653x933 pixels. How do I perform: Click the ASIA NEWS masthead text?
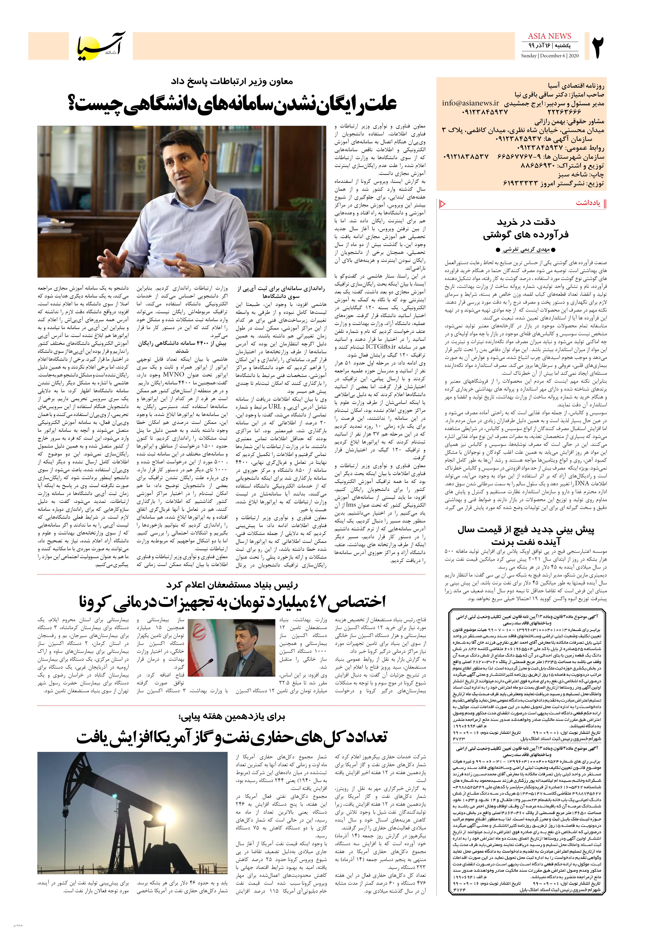pos(549,36)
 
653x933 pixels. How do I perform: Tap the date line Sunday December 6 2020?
pos(549,56)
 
